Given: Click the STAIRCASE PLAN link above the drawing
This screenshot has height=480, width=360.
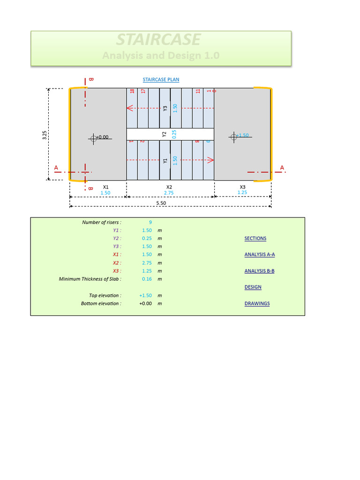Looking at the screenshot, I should pos(161,80).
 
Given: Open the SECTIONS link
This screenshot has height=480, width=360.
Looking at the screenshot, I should pos(255,239).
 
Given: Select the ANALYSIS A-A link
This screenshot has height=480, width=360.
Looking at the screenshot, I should pos(259,255).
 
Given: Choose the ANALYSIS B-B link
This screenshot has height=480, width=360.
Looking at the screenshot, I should pos(259,271).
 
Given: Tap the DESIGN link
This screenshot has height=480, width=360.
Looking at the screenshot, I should pos(253,287).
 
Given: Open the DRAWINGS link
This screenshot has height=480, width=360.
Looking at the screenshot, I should pos(257,303).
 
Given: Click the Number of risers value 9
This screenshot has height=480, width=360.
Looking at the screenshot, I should pos(150,222).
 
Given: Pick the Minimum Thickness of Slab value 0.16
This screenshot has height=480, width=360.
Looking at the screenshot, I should pos(147,279).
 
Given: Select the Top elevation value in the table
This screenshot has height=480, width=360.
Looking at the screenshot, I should pos(145,295).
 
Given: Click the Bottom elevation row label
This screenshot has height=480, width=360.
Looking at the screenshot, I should pos(101,303).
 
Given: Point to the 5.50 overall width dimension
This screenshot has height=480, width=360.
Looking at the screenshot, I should pos(161,202).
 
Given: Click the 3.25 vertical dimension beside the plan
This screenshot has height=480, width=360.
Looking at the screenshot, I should pos(45,135).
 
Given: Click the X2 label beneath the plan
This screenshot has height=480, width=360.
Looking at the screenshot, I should pos(169,187).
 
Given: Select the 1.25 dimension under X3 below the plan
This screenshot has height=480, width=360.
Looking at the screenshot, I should pos(242,193).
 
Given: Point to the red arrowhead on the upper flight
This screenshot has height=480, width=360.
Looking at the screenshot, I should pos(130,108).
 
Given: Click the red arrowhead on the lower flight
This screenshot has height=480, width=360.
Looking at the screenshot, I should pos(211,160).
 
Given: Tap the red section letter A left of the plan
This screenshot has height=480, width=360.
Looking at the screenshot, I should pos(56,167).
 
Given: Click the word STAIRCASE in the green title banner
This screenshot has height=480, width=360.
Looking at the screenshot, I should pos(158,39).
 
